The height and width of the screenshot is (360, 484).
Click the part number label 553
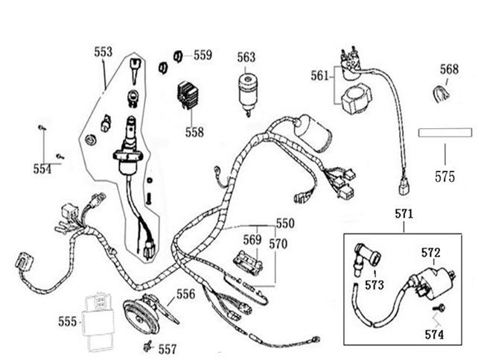[x=104, y=52]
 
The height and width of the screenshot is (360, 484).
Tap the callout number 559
[x=203, y=54]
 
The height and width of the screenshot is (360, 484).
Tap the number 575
[x=445, y=177]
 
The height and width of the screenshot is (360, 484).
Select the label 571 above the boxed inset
[x=404, y=214]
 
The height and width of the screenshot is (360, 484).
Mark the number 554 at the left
[x=42, y=169]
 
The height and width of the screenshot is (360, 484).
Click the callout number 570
[x=278, y=243]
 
